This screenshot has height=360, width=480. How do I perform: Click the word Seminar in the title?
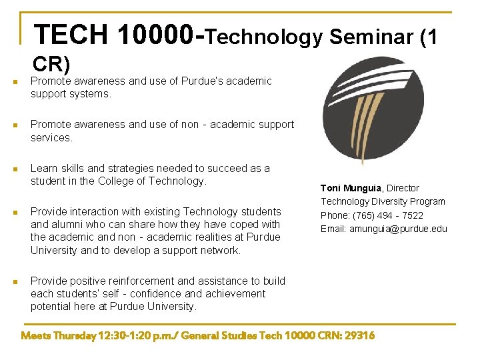[369, 37]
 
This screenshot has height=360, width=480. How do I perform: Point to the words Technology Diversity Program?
[383, 201]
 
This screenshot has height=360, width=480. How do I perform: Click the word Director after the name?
[403, 188]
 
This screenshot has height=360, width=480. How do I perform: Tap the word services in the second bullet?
[51, 137]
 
